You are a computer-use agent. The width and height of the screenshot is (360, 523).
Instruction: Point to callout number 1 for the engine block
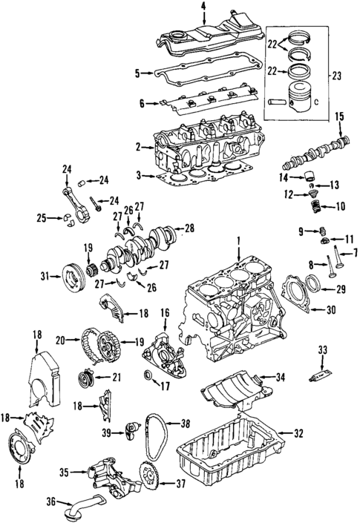[x=239, y=240]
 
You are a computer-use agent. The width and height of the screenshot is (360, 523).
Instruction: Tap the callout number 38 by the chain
[x=186, y=424]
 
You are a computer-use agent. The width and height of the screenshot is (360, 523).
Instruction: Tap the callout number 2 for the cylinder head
[x=139, y=147]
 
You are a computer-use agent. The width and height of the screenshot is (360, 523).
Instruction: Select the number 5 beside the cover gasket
[x=137, y=73]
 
